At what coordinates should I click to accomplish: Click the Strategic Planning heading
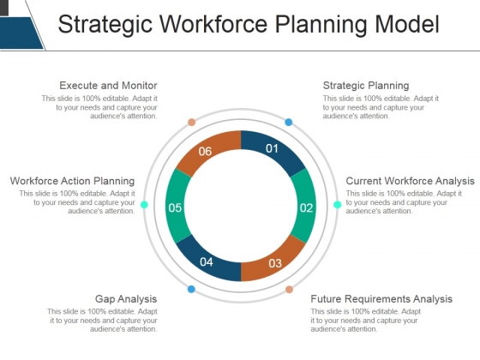(365, 86)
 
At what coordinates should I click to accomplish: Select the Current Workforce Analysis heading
(410, 181)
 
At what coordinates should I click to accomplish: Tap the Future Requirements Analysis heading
(381, 299)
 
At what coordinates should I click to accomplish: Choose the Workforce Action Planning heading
(72, 181)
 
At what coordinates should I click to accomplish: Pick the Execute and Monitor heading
(108, 86)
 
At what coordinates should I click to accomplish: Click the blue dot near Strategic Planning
(289, 123)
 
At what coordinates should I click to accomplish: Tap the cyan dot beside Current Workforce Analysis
(337, 205)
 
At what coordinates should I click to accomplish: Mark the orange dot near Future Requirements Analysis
(289, 289)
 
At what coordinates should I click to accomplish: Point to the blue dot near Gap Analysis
(191, 289)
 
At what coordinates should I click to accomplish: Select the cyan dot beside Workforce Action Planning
(144, 205)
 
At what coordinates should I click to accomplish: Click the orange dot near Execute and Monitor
(192, 122)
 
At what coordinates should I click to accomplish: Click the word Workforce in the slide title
(225, 25)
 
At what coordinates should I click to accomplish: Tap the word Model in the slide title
(405, 25)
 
